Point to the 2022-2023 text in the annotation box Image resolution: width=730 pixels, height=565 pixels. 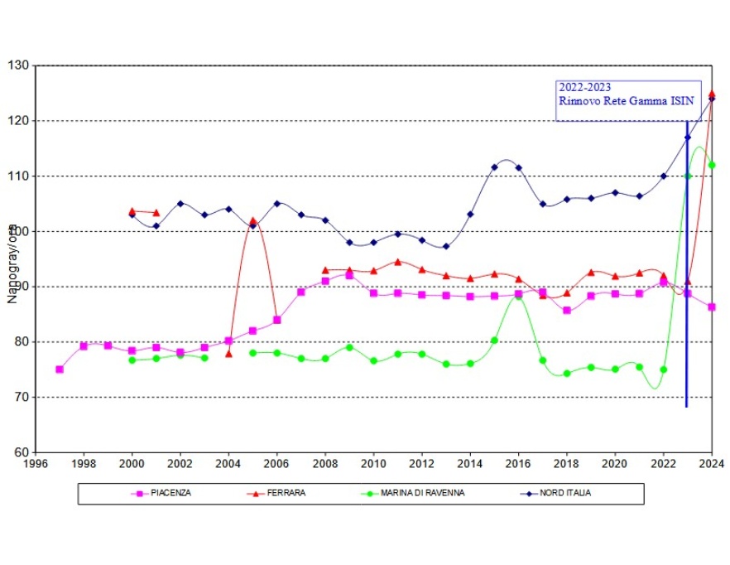pos(585,87)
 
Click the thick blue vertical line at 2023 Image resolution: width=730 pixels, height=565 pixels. pos(687,331)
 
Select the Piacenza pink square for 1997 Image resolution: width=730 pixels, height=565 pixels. pos(60,369)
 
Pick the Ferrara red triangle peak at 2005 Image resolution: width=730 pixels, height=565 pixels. pos(253,221)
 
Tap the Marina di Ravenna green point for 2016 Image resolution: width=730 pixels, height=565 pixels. pos(519,296)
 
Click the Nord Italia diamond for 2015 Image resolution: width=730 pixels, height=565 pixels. pos(494,167)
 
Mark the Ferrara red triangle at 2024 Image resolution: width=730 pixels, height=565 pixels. pos(712,94)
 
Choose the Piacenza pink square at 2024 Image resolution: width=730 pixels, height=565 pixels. pos(712,307)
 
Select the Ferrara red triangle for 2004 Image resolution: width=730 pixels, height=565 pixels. pos(228,354)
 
